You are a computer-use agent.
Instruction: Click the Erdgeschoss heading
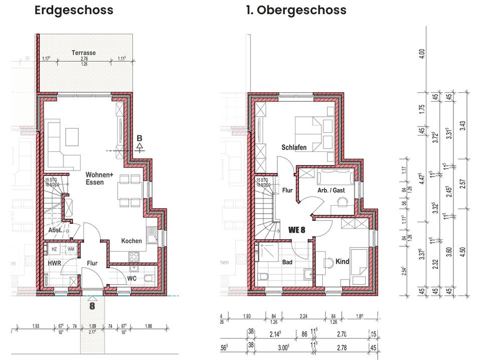(74, 10)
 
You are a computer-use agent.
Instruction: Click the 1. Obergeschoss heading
(296, 10)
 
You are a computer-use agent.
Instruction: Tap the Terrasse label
(83, 53)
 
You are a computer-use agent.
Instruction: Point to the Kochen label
(131, 241)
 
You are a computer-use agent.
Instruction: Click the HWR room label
(54, 263)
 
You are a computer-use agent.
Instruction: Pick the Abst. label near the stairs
(55, 231)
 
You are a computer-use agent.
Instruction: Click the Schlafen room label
(294, 147)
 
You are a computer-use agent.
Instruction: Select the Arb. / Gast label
(331, 191)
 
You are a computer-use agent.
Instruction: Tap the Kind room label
(343, 262)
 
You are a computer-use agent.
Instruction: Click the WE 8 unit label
(297, 230)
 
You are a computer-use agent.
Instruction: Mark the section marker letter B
(140, 137)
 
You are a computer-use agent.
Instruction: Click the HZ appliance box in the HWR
(54, 249)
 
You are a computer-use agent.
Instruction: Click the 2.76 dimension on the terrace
(83, 59)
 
